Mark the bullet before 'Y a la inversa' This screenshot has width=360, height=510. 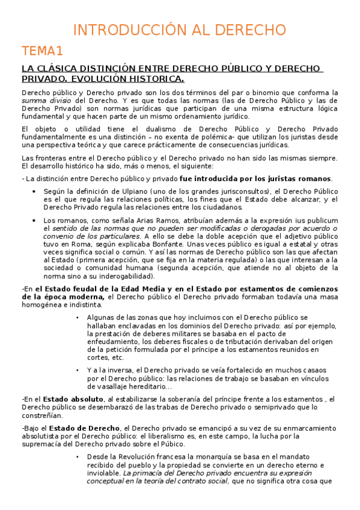(x=78, y=370)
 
